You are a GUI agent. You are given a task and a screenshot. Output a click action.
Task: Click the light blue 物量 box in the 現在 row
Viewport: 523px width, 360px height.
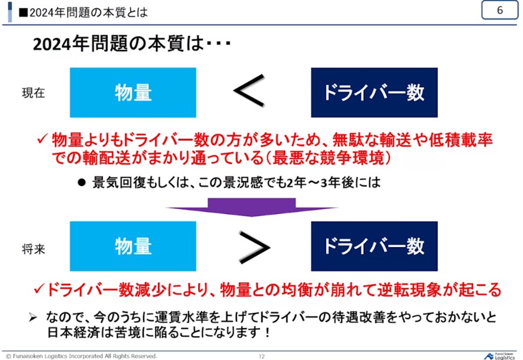coord(133,92)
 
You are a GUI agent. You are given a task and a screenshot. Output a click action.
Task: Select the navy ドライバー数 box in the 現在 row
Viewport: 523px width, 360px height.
coord(374,92)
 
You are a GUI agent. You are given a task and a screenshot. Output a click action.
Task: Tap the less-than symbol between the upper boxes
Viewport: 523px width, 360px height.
coord(250,92)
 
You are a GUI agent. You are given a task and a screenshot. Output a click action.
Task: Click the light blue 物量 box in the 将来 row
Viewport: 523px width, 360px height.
coord(133,246)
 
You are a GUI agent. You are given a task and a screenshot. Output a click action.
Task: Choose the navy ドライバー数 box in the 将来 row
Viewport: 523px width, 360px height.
coord(374,246)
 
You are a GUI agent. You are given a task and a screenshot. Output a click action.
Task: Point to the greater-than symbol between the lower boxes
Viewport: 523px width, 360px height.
coord(254,247)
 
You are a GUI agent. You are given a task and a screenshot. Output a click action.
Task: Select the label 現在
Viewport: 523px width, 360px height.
coord(33,93)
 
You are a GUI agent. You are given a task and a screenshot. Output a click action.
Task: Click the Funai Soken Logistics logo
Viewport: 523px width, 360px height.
coord(499,355)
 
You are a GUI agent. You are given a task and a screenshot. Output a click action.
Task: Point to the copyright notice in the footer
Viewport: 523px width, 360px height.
coord(81,355)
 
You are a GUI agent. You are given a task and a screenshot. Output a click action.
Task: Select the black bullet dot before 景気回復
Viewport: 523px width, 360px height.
coord(82,183)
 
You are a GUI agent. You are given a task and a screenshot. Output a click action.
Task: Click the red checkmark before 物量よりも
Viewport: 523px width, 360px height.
coord(42,140)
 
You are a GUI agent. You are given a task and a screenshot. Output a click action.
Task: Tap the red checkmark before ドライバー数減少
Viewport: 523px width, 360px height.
coord(40,288)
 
